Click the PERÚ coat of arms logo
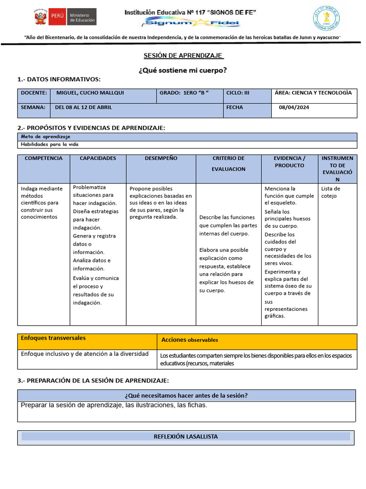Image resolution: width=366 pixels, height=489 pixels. pyautogui.click(x=40, y=18)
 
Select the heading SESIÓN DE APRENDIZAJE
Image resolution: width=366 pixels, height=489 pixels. pyautogui.click(x=183, y=55)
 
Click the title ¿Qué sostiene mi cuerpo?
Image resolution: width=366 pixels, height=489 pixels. pyautogui.click(x=183, y=70)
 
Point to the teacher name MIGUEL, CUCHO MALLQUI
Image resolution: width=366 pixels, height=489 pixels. pyautogui.click(x=90, y=93)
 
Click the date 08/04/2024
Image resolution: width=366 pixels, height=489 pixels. pyautogui.click(x=294, y=107)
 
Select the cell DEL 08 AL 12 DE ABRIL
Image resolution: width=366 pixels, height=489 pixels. pyautogui.click(x=83, y=107)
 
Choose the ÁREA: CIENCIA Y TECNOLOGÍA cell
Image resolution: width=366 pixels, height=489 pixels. pyautogui.click(x=313, y=93)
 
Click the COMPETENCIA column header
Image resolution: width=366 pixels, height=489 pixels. pyautogui.click(x=43, y=158)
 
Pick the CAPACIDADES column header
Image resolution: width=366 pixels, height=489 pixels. pyautogui.click(x=98, y=158)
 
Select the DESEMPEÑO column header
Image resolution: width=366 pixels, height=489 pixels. pyautogui.click(x=161, y=158)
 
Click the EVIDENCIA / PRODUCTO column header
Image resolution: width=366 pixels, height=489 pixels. pyautogui.click(x=289, y=162)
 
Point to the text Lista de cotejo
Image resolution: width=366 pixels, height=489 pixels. pyautogui.click(x=331, y=192)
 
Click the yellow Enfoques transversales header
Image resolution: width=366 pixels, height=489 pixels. pyautogui.click(x=53, y=338)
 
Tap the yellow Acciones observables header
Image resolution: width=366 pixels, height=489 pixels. pyautogui.click(x=190, y=340)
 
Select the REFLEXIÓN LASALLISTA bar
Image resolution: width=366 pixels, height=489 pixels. pyautogui.click(x=186, y=436)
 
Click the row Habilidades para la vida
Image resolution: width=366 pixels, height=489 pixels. pyautogui.click(x=50, y=144)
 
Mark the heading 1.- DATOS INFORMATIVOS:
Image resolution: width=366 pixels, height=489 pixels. pyautogui.click(x=59, y=79)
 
